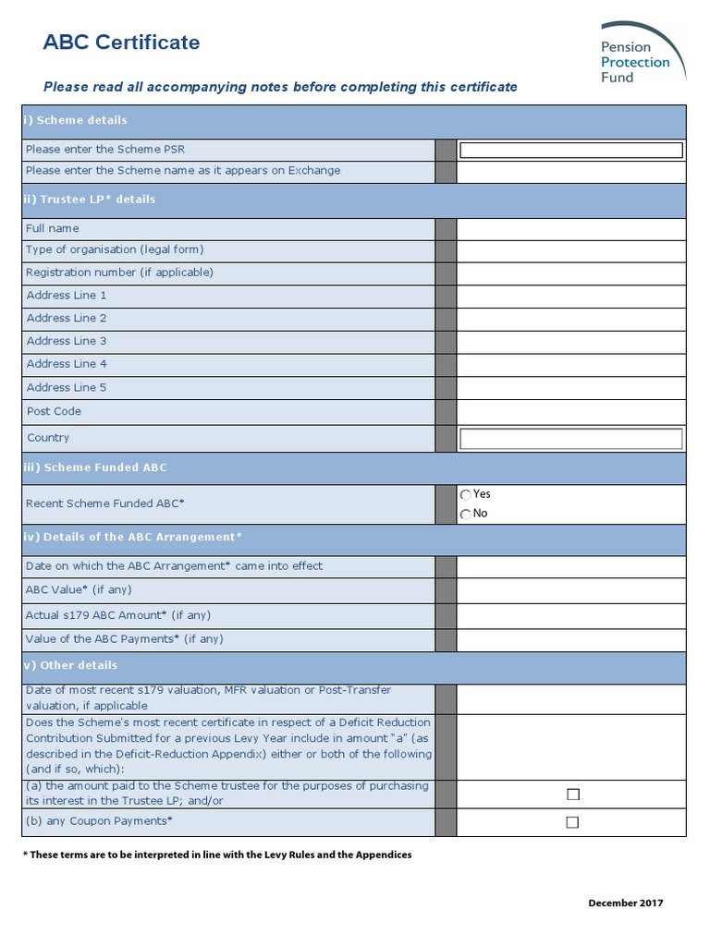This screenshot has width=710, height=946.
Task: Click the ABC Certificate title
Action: [x=122, y=42]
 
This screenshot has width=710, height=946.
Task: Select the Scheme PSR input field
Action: [x=571, y=150]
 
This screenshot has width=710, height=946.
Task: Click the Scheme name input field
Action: [x=571, y=172]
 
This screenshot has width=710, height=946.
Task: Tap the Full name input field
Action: [x=571, y=229]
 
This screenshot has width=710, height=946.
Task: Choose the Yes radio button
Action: [x=466, y=495]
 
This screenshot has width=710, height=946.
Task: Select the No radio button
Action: [x=466, y=515]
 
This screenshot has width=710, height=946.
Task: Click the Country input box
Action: [x=571, y=439]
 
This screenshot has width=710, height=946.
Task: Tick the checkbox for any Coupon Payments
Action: [x=572, y=822]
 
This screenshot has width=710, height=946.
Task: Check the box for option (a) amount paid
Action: [x=572, y=794]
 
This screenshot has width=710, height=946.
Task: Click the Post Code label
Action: [x=54, y=411]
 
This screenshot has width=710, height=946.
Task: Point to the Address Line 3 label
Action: [x=67, y=341]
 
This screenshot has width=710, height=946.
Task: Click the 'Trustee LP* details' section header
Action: [x=91, y=200]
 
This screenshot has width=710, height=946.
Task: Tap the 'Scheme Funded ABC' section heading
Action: [x=95, y=467]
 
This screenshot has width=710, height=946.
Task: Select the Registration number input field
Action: [x=571, y=273]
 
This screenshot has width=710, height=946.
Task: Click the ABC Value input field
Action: [x=571, y=590]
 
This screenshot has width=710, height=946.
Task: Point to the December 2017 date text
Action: [x=626, y=904]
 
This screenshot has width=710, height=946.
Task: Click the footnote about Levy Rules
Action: [x=217, y=855]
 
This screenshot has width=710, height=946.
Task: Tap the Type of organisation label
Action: [x=115, y=250]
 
